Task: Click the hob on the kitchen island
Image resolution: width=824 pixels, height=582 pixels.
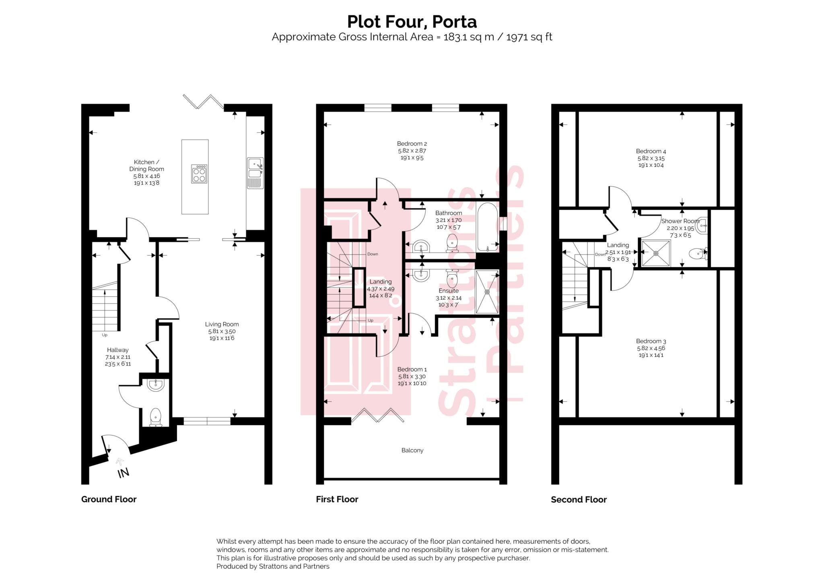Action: (199, 174)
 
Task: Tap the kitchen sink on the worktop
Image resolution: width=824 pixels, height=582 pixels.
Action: (255, 168)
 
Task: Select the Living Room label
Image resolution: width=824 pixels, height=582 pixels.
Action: (222, 324)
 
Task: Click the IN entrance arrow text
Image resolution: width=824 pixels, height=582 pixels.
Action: (123, 473)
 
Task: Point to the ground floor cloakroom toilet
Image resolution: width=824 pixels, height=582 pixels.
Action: (155, 417)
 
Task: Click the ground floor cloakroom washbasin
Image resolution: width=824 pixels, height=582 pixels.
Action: (155, 385)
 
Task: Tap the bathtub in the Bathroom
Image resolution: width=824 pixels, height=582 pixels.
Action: (487, 226)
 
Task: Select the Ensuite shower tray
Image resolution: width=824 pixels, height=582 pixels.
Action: (487, 292)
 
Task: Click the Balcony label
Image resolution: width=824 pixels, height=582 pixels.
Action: (412, 450)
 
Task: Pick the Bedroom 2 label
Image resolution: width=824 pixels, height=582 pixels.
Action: (412, 144)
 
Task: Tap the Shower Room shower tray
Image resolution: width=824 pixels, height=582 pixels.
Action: (656, 253)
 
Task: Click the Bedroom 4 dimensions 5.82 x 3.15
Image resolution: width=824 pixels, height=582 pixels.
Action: (651, 158)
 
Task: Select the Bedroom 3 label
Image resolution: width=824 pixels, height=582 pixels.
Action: (651, 341)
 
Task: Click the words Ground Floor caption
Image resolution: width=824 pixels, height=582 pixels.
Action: (109, 499)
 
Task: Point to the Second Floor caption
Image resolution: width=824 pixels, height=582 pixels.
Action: (578, 500)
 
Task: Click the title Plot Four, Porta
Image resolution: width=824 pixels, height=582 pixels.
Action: (412, 22)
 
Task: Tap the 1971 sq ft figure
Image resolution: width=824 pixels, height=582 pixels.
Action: (529, 37)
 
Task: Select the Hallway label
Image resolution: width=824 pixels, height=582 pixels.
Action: (117, 350)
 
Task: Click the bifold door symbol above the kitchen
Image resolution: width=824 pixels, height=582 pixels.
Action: (203, 101)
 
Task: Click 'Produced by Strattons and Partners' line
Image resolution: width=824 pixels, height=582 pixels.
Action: (273, 566)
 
